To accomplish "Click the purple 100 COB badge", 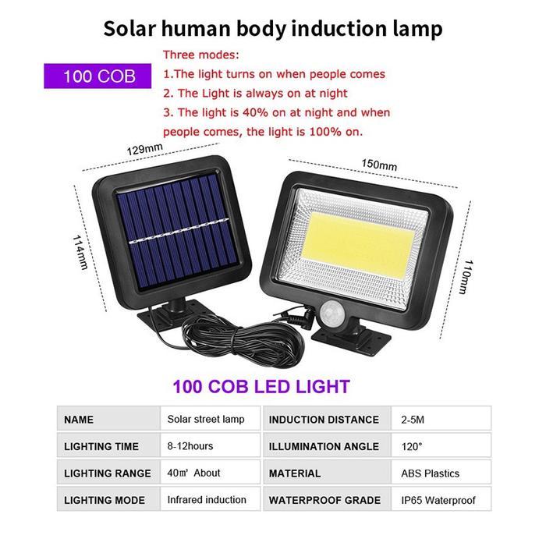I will click(x=99, y=76).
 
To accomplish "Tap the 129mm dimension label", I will click(x=145, y=148).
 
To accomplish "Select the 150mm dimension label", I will click(x=379, y=165).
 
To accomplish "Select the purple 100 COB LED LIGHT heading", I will click(x=261, y=386).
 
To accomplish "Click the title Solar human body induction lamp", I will click(x=273, y=29).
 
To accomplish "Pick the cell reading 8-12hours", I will click(x=190, y=446).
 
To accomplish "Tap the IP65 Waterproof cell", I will click(x=438, y=500).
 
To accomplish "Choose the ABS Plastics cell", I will click(x=430, y=473).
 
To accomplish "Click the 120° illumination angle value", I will click(x=412, y=446).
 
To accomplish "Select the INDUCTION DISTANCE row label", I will click(x=324, y=420).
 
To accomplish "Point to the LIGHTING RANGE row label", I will click(x=108, y=473).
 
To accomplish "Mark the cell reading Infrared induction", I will click(x=207, y=499).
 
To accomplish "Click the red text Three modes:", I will click(x=201, y=55).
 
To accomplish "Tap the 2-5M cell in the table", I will click(x=413, y=420).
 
